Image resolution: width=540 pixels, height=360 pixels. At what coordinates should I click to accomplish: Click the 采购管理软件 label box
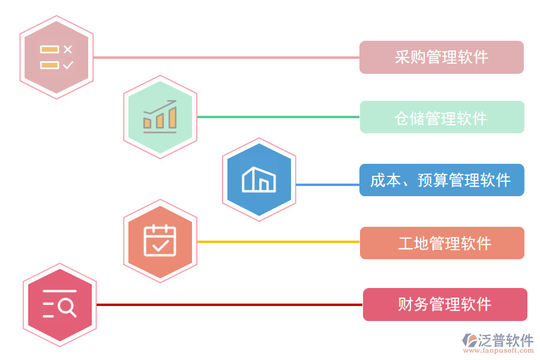(441, 57)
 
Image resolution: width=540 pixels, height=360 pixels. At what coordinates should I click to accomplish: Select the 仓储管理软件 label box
(442, 117)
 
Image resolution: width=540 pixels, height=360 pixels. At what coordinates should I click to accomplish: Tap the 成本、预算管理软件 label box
(442, 180)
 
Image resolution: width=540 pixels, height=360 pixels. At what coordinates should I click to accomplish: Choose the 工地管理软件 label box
(442, 243)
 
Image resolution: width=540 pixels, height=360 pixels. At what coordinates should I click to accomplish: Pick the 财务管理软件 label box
(445, 304)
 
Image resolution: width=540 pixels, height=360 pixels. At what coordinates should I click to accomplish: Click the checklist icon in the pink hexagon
(56, 57)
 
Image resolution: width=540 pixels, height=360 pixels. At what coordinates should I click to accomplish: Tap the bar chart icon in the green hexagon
(160, 117)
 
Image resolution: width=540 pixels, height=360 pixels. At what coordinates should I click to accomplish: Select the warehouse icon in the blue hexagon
(259, 179)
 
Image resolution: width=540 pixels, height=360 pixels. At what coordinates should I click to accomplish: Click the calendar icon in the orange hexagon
(160, 241)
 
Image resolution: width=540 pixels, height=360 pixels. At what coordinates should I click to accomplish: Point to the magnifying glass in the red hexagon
(68, 307)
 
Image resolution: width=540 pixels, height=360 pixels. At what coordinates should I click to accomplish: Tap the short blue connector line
(327, 184)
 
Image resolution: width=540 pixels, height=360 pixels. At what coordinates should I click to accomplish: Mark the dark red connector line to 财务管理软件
(228, 305)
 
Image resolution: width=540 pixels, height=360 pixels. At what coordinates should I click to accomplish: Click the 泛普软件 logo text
(505, 340)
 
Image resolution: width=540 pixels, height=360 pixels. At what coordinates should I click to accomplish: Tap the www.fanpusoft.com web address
(499, 351)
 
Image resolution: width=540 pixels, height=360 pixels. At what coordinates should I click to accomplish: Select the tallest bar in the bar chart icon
(173, 118)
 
